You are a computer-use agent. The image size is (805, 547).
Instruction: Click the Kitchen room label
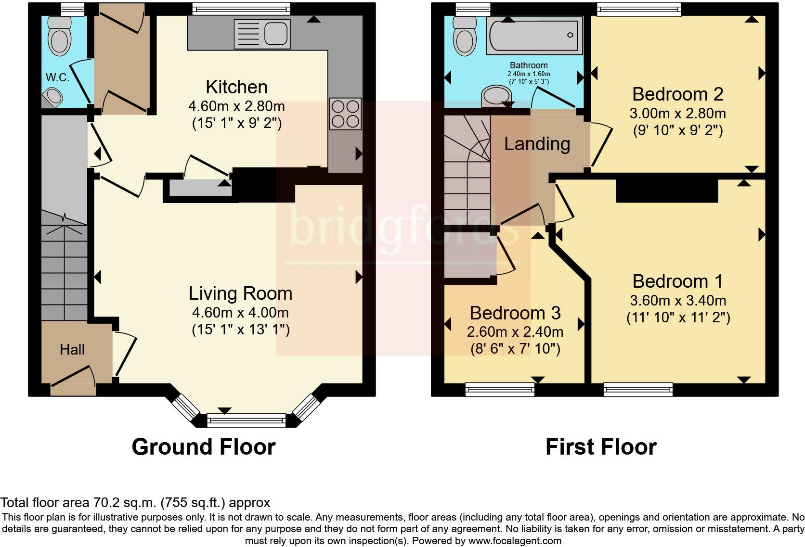[236, 87]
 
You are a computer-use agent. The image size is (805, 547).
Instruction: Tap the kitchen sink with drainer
[262, 34]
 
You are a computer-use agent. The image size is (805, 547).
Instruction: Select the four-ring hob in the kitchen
[345, 114]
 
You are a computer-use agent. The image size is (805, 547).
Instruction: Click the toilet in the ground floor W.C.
[60, 37]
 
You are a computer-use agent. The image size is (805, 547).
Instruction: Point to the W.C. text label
[57, 77]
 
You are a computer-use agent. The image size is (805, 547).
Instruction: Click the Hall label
[72, 349]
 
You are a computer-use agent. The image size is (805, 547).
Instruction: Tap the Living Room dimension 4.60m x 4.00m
[240, 313]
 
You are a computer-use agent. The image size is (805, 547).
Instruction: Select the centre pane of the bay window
[246, 420]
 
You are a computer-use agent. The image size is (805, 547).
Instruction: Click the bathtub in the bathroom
[534, 36]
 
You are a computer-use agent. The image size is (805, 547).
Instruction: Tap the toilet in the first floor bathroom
[465, 36]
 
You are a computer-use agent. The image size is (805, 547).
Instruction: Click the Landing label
[537, 144]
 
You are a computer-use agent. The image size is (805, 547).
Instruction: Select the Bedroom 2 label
[678, 94]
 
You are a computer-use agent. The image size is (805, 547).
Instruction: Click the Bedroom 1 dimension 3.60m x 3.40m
[678, 300]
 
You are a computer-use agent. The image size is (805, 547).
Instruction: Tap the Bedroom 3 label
[515, 313]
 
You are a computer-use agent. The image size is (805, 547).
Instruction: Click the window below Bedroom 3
[500, 389]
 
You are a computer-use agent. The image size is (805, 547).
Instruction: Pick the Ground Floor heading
[204, 447]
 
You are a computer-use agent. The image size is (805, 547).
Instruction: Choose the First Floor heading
[601, 447]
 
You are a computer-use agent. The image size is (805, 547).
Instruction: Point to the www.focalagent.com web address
[515, 541]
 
